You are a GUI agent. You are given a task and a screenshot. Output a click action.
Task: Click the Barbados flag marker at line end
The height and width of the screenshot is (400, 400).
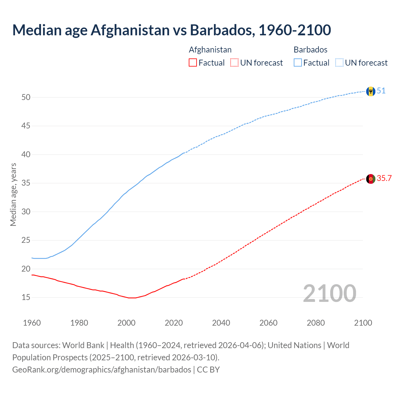371,91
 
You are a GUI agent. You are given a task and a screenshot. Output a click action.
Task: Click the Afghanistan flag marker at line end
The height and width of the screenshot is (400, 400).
371,179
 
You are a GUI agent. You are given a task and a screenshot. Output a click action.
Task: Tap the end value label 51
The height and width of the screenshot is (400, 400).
381,91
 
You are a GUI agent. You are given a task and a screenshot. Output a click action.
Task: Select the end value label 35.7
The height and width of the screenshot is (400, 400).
384,178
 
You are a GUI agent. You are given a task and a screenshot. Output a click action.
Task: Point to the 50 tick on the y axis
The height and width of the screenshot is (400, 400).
26,97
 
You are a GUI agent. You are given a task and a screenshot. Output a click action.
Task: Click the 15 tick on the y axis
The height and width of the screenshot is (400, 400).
26,297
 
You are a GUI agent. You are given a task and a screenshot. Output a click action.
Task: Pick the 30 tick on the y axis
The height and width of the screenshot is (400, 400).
26,212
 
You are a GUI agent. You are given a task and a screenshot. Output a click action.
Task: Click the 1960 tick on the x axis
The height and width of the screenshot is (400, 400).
32,323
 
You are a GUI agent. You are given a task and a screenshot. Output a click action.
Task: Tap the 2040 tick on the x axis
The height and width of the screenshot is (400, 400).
221,323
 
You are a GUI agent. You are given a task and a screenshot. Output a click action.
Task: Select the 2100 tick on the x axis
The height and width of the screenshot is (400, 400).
363,323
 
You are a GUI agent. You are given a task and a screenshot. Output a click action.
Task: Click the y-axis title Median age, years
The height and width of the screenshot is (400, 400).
13,194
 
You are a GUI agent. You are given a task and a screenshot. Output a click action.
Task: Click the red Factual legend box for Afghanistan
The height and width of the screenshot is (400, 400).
193,63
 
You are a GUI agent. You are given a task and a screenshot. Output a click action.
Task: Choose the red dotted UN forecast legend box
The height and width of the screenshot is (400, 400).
234,63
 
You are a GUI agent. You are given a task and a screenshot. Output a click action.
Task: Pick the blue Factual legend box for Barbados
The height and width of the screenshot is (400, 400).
297,63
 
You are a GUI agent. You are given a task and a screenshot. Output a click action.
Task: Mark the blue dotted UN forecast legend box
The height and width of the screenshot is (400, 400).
339,63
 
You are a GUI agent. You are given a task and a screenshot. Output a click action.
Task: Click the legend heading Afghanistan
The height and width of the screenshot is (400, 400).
210,50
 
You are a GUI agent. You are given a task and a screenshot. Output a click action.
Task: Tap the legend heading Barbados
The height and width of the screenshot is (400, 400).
311,50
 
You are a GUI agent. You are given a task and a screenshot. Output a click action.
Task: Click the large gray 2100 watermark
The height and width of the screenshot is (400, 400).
329,293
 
